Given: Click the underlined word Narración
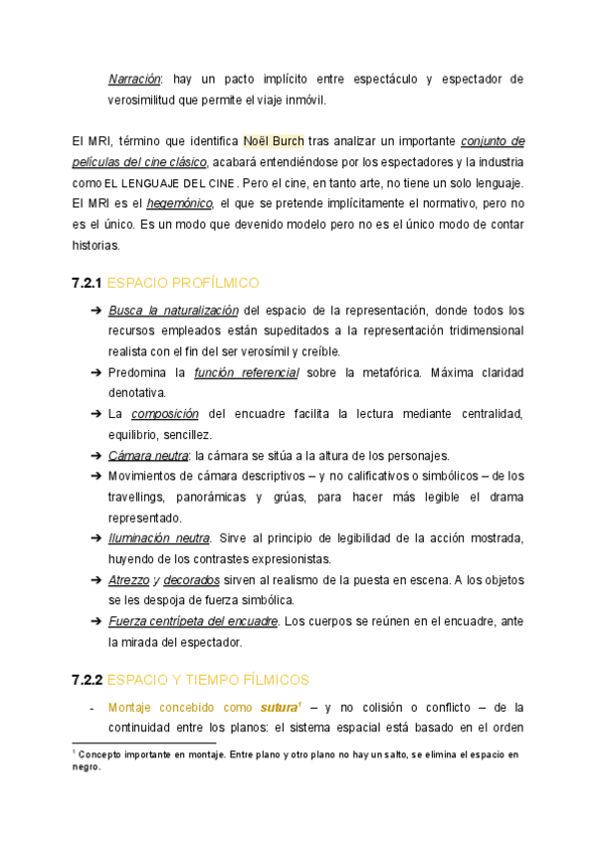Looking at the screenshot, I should [x=133, y=79].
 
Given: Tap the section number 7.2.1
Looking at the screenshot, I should [x=87, y=284].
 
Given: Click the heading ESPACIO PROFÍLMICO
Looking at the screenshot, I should [x=183, y=284].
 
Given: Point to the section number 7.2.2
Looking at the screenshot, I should [x=87, y=680].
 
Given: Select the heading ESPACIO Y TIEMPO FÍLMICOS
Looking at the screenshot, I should [x=208, y=680].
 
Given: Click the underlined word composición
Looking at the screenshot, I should [x=165, y=413].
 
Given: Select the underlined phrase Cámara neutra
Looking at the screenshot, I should [x=148, y=455].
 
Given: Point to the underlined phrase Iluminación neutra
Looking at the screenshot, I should [x=159, y=537].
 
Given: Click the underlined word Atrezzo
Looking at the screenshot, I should [x=129, y=579].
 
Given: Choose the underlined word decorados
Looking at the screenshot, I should [x=191, y=579].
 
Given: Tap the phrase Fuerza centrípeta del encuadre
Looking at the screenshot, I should [x=193, y=621].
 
